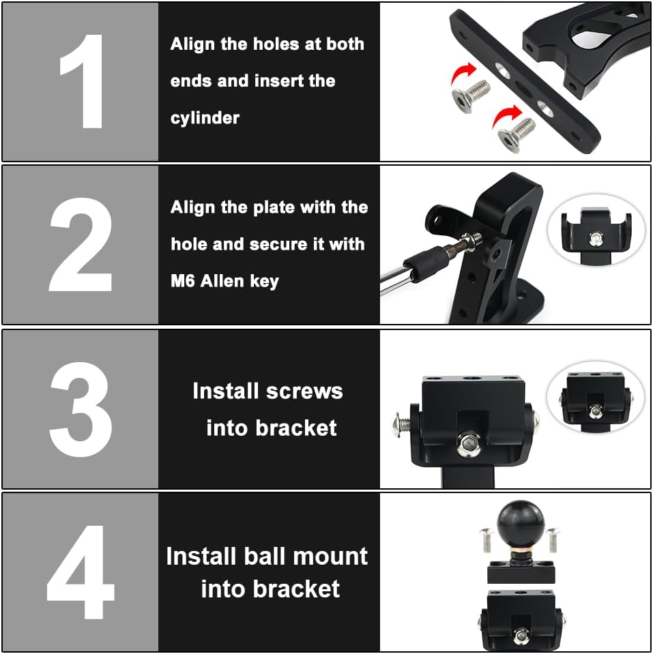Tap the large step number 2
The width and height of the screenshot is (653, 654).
click(x=81, y=244)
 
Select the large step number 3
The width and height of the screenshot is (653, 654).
click(x=81, y=409)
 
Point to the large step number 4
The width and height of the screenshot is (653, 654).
click(x=81, y=573)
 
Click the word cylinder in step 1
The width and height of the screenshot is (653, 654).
click(x=205, y=118)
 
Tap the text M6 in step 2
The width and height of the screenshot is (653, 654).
click(x=183, y=280)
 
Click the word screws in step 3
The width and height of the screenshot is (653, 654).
click(x=305, y=391)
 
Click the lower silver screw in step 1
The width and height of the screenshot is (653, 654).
click(x=516, y=132)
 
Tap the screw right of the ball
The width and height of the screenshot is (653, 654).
click(x=551, y=539)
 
